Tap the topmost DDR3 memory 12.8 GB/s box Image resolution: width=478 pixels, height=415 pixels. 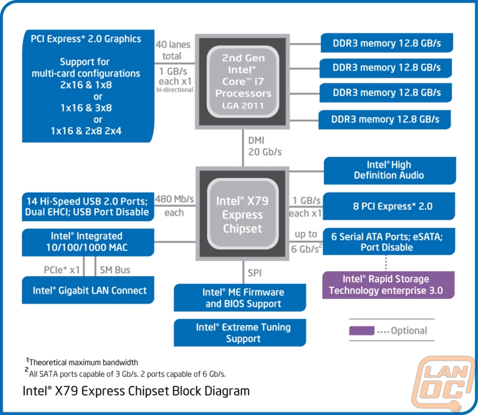coord(385,43)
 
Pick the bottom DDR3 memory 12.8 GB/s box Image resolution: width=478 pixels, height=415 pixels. coord(385,119)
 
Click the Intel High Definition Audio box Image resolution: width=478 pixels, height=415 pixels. coord(389,170)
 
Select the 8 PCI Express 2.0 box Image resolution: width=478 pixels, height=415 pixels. coord(389,207)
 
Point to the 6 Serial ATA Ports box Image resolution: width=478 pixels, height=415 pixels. coord(389,241)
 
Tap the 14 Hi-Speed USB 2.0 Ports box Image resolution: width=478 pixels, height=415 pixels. coord(87,205)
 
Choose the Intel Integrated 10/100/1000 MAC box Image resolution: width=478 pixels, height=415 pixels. coord(87,241)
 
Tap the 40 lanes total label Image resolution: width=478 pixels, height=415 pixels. coord(172,50)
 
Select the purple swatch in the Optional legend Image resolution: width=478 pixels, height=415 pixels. coord(361,330)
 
